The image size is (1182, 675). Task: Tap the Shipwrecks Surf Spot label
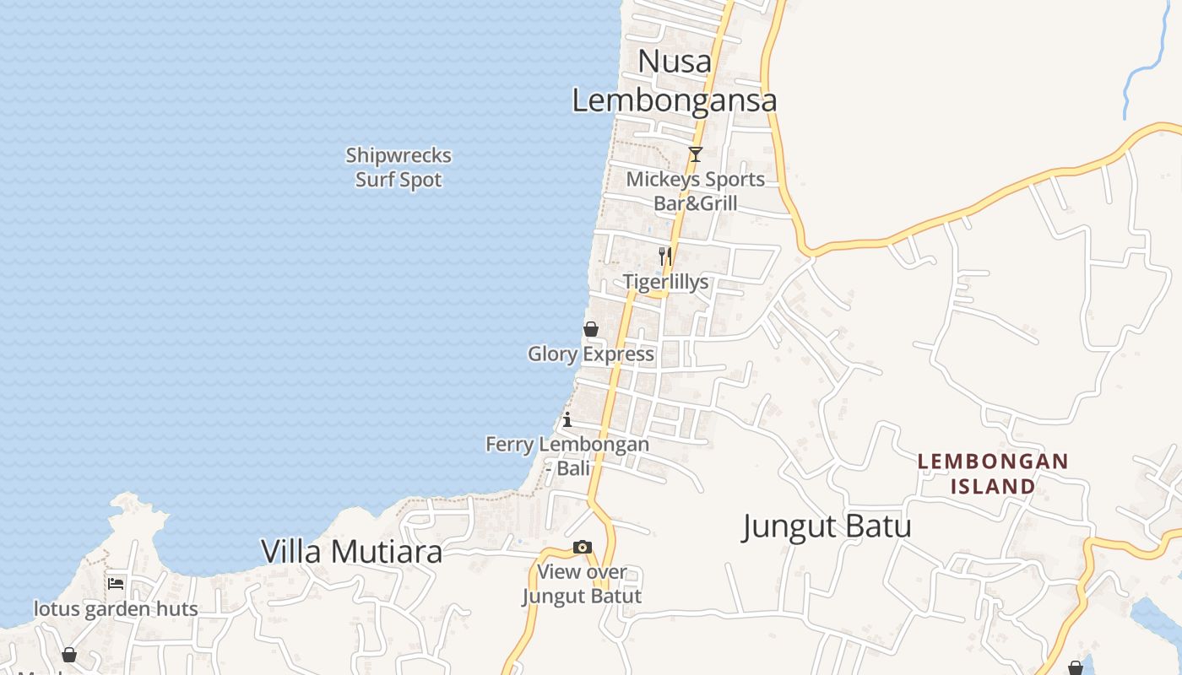coord(399,167)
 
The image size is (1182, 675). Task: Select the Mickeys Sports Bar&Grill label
coord(695,191)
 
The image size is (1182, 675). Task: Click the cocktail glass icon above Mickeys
coord(695,154)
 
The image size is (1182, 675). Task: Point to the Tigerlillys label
coord(666,282)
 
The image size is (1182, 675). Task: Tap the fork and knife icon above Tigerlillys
coord(665,256)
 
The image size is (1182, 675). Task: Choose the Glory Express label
coord(591,354)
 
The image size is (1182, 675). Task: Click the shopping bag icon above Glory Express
coord(591,329)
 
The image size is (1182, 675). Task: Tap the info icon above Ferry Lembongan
coord(567,419)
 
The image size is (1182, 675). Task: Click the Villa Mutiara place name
coord(351,552)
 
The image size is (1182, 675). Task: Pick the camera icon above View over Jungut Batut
coord(583,548)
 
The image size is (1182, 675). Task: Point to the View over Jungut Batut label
coord(582,584)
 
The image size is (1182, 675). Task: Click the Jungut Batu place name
coord(827,526)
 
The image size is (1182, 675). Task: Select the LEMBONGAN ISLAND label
coord(993,473)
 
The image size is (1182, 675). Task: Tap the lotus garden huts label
coord(116,609)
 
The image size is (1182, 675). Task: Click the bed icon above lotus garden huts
coord(116,583)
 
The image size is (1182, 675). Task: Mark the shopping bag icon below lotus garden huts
coord(69,655)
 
